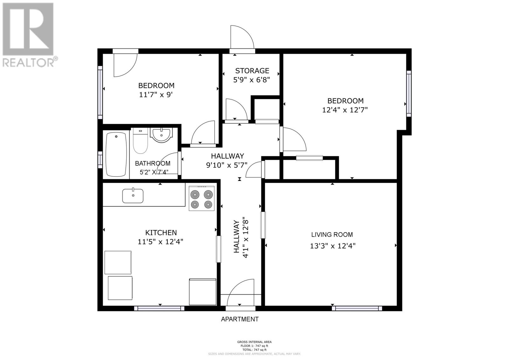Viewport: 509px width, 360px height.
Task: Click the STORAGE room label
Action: point(252,71)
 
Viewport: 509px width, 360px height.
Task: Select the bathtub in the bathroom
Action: point(116,155)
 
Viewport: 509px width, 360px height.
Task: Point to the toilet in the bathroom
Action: point(140,141)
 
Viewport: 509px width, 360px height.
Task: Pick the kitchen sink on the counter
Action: point(133,195)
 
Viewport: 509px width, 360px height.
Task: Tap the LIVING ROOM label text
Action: point(332,235)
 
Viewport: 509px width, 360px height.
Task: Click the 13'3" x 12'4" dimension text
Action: point(333,246)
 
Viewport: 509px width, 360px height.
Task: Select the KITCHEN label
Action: point(161,232)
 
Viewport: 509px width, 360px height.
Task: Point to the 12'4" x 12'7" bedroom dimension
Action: point(345,110)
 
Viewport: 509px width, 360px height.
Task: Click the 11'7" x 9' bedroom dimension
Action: point(156,95)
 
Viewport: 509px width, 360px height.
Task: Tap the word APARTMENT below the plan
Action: point(240,319)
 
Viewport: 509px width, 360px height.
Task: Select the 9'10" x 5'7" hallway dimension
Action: point(227,165)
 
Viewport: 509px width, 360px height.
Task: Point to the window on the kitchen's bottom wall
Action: point(159,308)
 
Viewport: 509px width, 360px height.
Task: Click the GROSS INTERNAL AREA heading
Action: point(254,342)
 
